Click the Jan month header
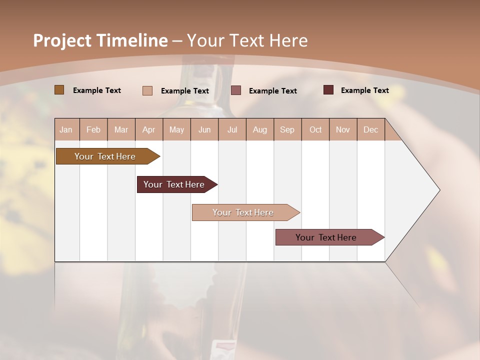click(x=66, y=129)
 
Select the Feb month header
click(x=93, y=129)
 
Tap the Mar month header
click(x=121, y=129)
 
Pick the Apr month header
click(x=149, y=129)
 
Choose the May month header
click(x=176, y=129)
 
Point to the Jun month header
click(x=204, y=129)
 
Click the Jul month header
click(x=232, y=129)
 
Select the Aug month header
click(x=260, y=129)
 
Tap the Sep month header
click(x=287, y=129)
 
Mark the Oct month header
click(x=315, y=129)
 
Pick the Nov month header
click(x=343, y=129)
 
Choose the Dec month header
click(x=371, y=129)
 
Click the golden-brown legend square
click(x=59, y=90)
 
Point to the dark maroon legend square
click(x=328, y=90)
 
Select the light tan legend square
click(x=147, y=90)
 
